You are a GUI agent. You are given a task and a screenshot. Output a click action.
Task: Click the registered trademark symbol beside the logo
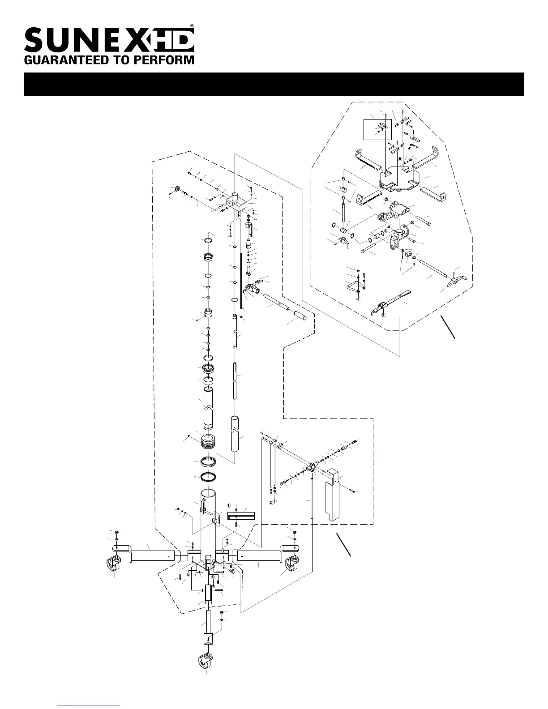pos(192,26)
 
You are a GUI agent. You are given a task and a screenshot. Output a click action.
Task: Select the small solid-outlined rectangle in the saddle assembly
pos(378,130)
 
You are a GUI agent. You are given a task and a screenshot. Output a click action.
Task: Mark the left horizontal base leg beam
pos(152,555)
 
